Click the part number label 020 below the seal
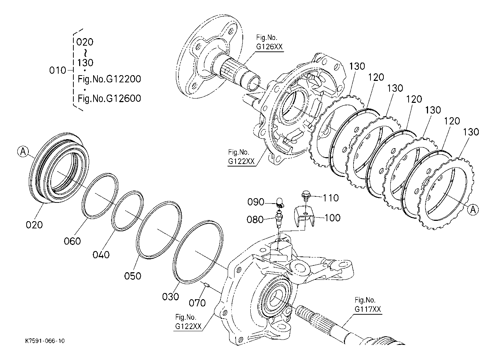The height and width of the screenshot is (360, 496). pos(34,225)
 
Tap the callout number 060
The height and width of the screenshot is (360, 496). pos(72,241)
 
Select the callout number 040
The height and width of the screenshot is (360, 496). pos(101,255)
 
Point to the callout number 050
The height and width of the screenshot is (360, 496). pos(133,276)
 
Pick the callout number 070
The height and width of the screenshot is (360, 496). pos(197,303)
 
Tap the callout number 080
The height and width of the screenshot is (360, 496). pos(255,220)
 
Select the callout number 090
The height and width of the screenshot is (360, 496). pos(256,202)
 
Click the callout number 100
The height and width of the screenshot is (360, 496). pos(332,218)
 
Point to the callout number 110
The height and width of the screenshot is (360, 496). pos(331,198)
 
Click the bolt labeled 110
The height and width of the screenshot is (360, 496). pos(306,196)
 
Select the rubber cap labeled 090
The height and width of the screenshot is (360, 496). pos(279,202)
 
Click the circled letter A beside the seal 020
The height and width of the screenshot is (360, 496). pos(23,152)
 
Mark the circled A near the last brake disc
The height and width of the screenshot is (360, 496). pos(473,209)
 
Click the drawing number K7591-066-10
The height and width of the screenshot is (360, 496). pos(45,341)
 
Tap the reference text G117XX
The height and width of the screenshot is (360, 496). pos(368,309)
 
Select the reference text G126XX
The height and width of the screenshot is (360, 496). pos(269,47)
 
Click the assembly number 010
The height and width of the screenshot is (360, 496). pos(58,70)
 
